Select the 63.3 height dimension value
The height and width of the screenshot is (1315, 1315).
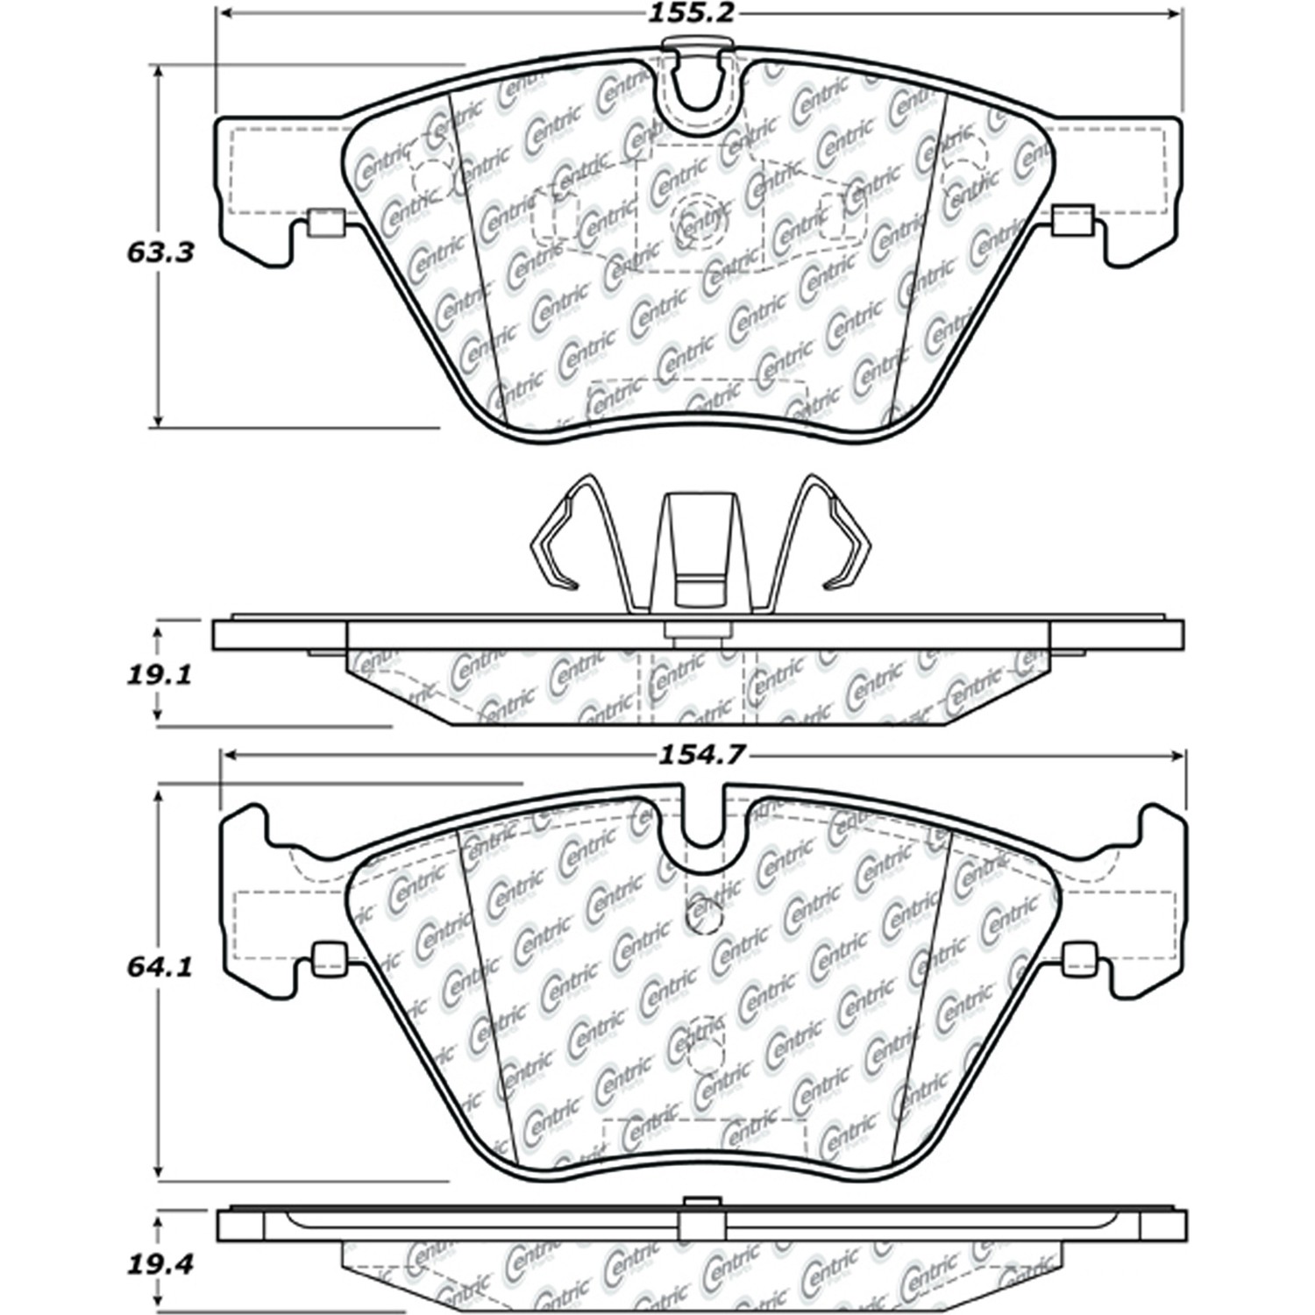[160, 252]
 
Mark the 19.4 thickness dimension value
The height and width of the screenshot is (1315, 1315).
[160, 1265]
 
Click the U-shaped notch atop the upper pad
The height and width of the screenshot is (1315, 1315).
[700, 88]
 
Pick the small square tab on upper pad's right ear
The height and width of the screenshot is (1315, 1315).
[1072, 221]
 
